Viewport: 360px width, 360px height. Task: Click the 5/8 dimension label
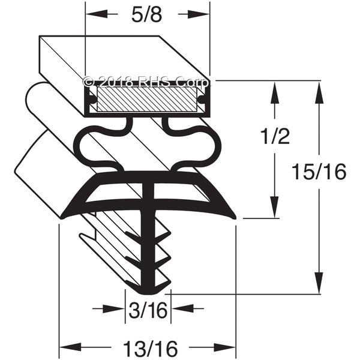[146, 14]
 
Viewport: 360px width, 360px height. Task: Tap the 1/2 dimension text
[275, 137]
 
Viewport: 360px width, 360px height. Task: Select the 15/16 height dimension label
[319, 172]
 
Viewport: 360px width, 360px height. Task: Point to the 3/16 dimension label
[148, 310]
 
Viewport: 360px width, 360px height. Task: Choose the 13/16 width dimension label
[151, 349]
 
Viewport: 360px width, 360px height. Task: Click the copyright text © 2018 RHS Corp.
[147, 82]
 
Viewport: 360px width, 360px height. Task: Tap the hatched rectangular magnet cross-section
[147, 100]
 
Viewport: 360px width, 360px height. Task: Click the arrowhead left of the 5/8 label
[96, 14]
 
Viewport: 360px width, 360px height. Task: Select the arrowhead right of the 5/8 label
[199, 14]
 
